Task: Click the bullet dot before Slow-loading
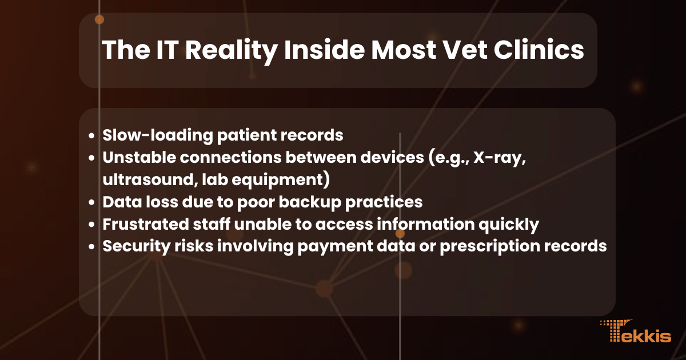pyautogui.click(x=92, y=136)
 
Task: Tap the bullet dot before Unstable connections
pyautogui.click(x=92, y=158)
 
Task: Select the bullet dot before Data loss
pyautogui.click(x=92, y=203)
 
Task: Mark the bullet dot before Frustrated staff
pyautogui.click(x=92, y=225)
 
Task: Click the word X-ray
pyautogui.click(x=496, y=158)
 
